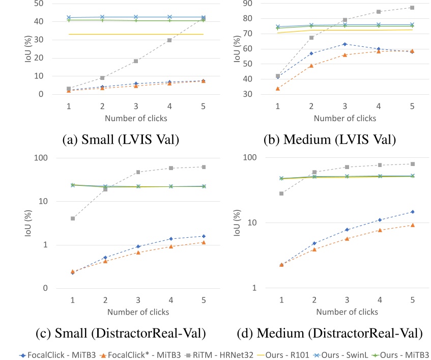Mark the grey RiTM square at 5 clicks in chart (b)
[412, 8]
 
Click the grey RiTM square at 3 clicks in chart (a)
[136, 61]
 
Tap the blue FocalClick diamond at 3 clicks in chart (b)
[344, 44]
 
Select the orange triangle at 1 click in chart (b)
[277, 89]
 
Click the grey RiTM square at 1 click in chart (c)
[73, 218]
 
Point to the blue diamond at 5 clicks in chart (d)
[412, 212]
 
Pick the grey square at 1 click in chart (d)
[281, 193]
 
